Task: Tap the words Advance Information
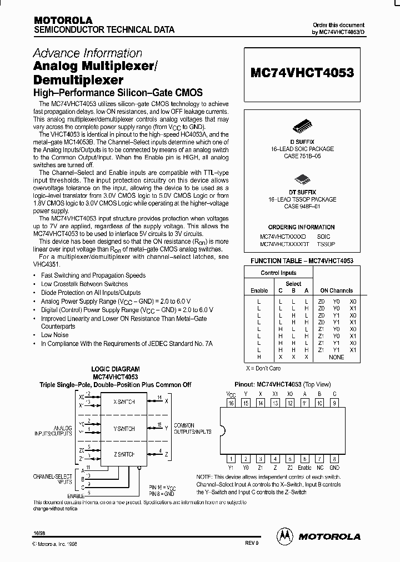87,53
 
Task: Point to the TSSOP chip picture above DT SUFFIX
301,178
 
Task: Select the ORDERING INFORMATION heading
301,228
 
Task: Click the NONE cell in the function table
336,357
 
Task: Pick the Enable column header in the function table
259,290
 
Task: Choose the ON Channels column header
336,290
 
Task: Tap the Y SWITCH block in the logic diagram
123,428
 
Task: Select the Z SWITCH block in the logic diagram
123,454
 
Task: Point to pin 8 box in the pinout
334,459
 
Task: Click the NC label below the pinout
319,468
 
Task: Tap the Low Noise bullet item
54,335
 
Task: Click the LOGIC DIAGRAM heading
116,369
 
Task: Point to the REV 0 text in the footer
252,544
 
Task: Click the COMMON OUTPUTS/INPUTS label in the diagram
184,428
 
